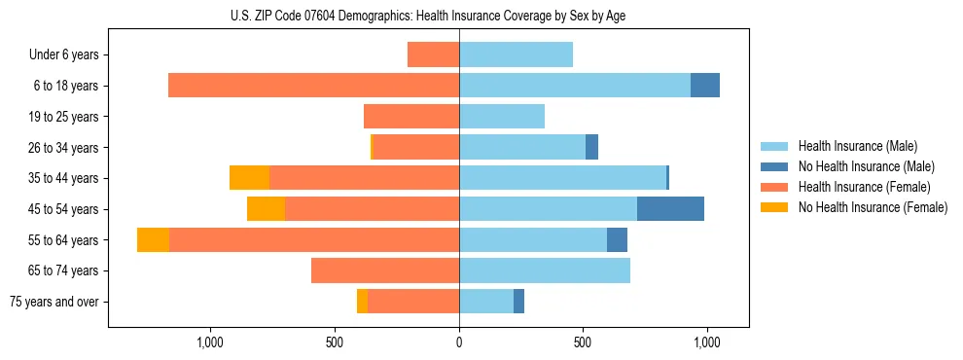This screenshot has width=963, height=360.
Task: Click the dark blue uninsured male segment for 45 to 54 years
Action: pyautogui.click(x=670, y=209)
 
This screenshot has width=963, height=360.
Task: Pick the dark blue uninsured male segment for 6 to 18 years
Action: pyautogui.click(x=705, y=86)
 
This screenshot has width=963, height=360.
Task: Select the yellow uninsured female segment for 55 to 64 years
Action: pyautogui.click(x=153, y=240)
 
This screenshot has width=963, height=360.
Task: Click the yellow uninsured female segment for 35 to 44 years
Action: pyautogui.click(x=249, y=178)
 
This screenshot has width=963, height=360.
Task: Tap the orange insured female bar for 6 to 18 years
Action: pyautogui.click(x=313, y=86)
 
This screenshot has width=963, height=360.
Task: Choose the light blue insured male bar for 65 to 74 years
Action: pyautogui.click(x=545, y=270)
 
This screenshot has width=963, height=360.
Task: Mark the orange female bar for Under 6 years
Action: pyautogui.click(x=433, y=55)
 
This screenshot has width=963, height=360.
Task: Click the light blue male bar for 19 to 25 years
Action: pyautogui.click(x=502, y=117)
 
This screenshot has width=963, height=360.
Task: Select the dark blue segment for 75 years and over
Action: pyautogui.click(x=518, y=302)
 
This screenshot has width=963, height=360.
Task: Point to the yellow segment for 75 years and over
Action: pyautogui.click(x=362, y=302)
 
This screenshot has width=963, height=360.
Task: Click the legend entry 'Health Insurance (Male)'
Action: pyautogui.click(x=857, y=146)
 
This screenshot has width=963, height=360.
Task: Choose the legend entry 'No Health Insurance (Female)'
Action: pyautogui.click(x=873, y=207)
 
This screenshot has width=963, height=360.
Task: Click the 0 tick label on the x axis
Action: pyautogui.click(x=459, y=342)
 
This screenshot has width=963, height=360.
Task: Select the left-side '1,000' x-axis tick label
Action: pyautogui.click(x=210, y=342)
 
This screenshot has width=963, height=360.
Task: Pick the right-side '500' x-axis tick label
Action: pyautogui.click(x=583, y=342)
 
